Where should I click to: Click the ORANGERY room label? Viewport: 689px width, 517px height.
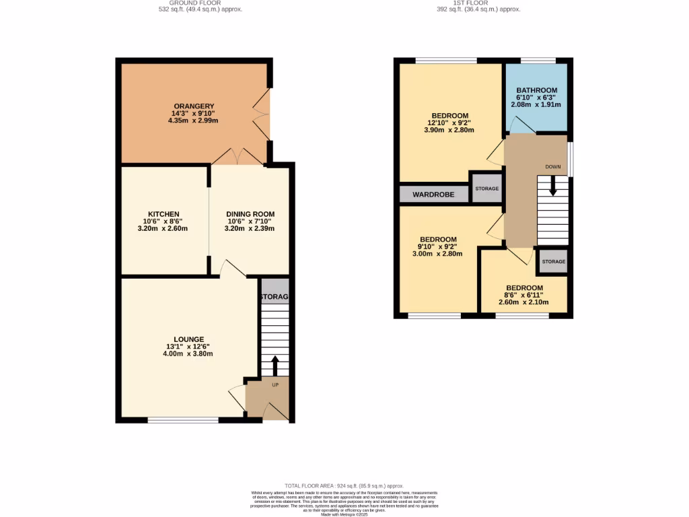tap(194, 106)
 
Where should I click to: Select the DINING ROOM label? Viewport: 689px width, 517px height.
tap(250, 214)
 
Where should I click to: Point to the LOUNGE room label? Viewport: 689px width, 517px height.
tap(189, 339)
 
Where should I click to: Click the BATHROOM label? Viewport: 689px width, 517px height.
tap(536, 91)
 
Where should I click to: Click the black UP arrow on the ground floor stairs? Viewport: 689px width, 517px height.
tap(275, 366)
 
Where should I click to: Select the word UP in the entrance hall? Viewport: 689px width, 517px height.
tap(275, 385)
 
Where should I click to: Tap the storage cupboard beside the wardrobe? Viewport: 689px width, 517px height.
tap(487, 189)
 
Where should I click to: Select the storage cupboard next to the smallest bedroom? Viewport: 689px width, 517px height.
tap(554, 261)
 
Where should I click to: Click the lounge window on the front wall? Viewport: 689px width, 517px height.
tap(183, 420)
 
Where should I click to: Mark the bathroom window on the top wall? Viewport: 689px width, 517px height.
tap(538, 61)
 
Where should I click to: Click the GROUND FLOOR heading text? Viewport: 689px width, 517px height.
tap(196, 3)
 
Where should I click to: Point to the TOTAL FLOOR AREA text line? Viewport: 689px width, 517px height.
tap(344, 485)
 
